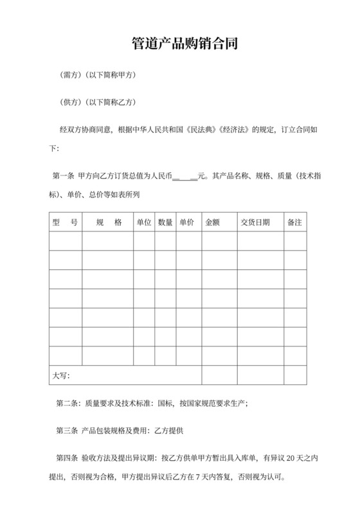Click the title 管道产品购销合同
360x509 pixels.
pyautogui.click(x=179, y=44)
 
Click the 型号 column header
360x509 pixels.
pyautogui.click(x=65, y=222)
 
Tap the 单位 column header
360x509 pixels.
pyautogui.click(x=143, y=222)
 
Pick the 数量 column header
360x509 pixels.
pyautogui.click(x=165, y=222)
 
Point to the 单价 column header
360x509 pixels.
pyautogui.click(x=187, y=222)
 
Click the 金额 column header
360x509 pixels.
pyautogui.click(x=212, y=222)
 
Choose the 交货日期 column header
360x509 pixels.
pyautogui.click(x=255, y=222)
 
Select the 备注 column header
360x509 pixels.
pyautogui.click(x=294, y=222)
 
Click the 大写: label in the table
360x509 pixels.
pyautogui.click(x=61, y=375)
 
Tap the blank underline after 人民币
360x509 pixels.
pyautogui.click(x=185, y=175)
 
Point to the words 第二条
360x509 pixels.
pyautogui.click(x=68, y=404)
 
